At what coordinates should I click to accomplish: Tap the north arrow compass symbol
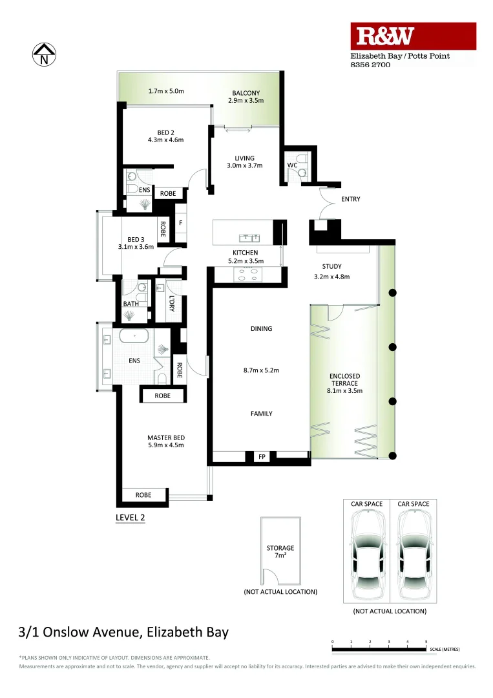44,54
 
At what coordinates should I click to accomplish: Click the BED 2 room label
166,133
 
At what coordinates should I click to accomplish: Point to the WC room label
292,165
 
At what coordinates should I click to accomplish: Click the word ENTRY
350,199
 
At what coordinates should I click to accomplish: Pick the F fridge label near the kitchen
180,223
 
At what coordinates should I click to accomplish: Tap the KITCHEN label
245,253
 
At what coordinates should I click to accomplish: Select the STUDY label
331,266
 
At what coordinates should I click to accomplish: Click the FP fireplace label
262,457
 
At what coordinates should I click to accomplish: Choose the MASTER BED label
165,438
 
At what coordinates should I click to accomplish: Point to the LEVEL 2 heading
130,517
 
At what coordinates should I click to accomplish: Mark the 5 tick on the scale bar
426,642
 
